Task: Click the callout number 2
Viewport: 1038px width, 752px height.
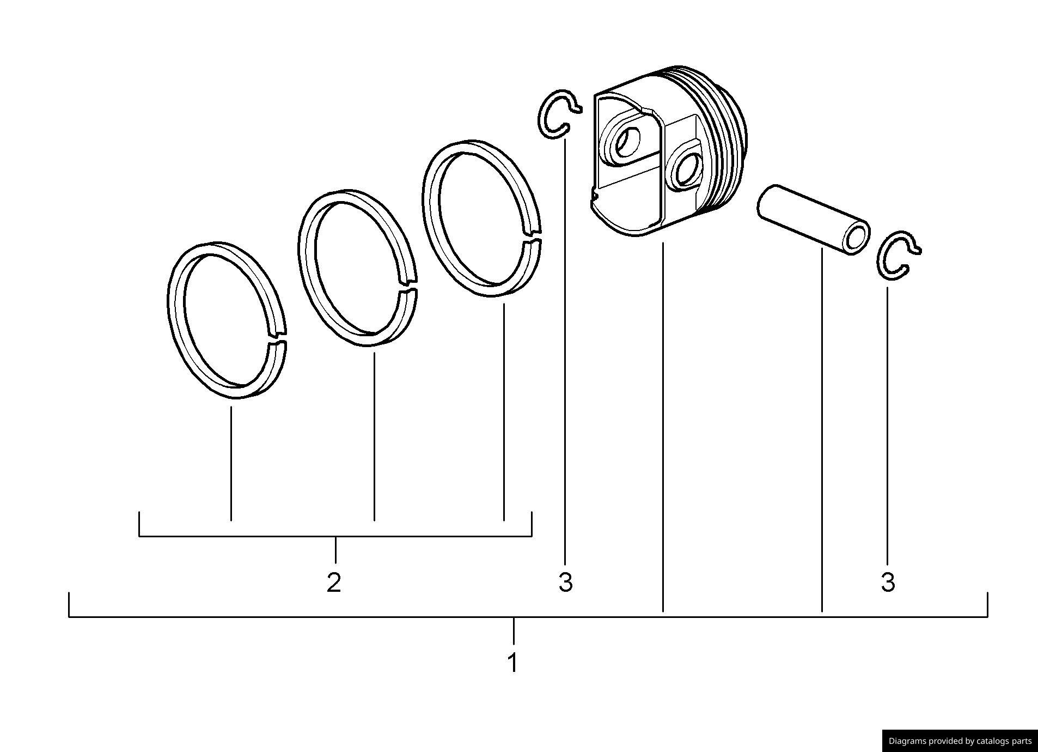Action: pos(334,583)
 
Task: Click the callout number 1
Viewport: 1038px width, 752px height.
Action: pos(512,663)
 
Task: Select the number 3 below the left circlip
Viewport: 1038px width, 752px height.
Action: pos(566,583)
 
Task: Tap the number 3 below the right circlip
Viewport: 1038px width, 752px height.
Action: pos(888,583)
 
